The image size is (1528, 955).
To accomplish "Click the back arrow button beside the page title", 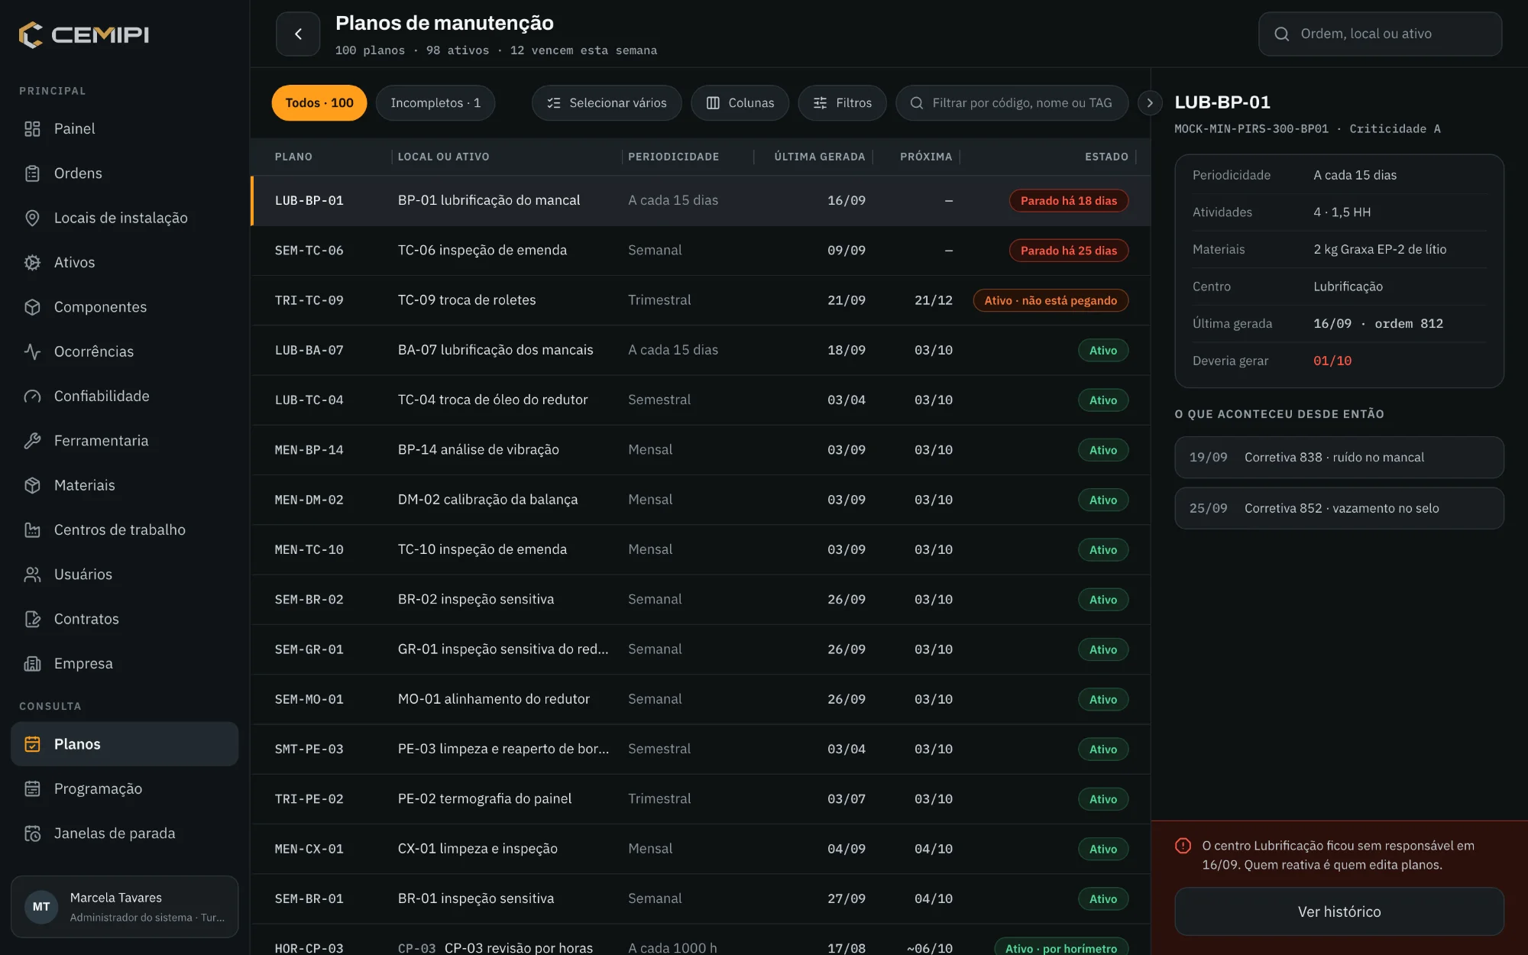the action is click(298, 34).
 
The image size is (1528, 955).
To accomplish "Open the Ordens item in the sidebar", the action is click(78, 173).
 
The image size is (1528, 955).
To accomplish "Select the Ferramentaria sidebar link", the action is click(101, 441).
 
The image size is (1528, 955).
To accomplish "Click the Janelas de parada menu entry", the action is click(114, 834).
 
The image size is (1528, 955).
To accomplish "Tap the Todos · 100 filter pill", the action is click(319, 103).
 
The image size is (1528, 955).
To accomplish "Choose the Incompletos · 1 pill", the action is click(435, 103).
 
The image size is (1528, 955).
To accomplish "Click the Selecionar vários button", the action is click(607, 103).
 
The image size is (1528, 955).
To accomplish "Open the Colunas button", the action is click(740, 103).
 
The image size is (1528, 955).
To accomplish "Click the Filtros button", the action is click(843, 103).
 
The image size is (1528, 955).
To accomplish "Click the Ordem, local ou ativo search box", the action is click(1381, 34).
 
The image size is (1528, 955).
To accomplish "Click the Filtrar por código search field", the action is click(1012, 103).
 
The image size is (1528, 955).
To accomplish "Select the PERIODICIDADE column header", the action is click(674, 157).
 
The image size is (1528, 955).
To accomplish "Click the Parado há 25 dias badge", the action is click(1069, 251).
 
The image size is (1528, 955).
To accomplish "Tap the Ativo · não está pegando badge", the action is click(1050, 300).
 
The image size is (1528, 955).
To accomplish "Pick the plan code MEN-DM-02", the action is click(309, 500).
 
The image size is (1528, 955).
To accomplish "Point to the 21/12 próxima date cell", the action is click(934, 300).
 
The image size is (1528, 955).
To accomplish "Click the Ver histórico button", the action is click(1339, 911).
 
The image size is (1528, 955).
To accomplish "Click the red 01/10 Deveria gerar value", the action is click(1332, 361).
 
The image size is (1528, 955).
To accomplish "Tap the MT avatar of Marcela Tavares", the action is click(41, 907).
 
